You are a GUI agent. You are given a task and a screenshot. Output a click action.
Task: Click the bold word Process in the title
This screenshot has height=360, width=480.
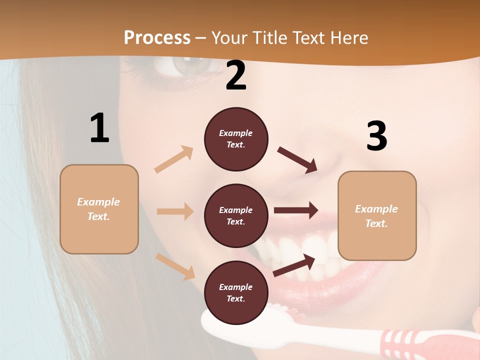(157, 38)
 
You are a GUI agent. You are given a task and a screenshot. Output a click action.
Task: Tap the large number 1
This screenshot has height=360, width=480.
(99, 128)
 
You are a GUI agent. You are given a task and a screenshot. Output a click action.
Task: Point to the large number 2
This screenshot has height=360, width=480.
(236, 75)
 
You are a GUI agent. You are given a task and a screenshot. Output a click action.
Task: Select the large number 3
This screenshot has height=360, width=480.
(376, 136)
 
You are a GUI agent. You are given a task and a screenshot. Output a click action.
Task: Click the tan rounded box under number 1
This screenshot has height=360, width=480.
(99, 209)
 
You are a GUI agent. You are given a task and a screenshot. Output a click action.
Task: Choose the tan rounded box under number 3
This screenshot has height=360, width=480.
(377, 215)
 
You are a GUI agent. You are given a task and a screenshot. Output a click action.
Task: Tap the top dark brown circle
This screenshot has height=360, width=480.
(236, 139)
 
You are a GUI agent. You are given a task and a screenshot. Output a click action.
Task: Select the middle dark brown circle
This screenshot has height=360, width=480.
(236, 215)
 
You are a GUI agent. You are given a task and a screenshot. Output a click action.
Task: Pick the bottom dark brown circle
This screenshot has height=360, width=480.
(236, 292)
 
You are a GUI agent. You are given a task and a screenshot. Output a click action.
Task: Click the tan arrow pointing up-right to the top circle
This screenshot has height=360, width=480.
(174, 159)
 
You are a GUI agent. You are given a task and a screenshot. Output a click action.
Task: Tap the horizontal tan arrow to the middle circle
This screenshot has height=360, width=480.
(175, 211)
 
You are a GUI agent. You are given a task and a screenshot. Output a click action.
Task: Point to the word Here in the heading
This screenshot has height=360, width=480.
(349, 38)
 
